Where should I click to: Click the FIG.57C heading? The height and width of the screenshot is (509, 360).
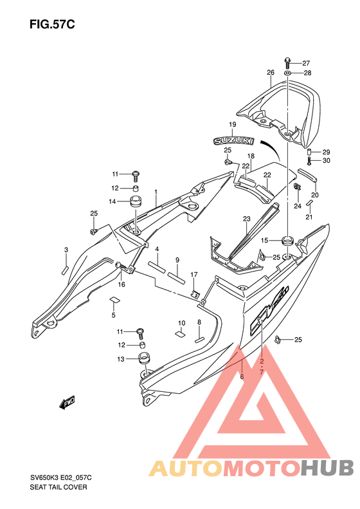pos(52,24)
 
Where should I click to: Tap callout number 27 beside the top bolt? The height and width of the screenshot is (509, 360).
pos(306,63)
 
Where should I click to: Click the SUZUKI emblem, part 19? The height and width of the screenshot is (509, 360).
pos(233,140)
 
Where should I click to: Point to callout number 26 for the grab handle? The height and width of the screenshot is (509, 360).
pos(271,72)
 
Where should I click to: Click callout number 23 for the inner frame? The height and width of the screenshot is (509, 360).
pos(247,219)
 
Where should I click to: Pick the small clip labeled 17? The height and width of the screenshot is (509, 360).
pos(195,293)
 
